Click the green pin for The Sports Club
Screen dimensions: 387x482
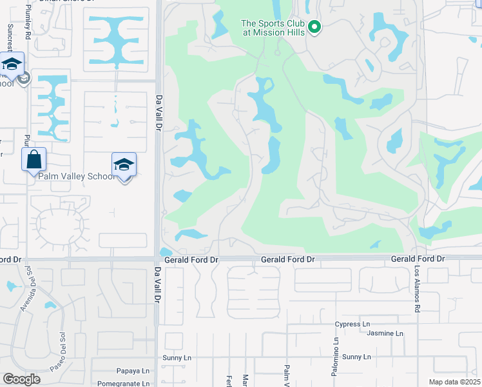[314, 27]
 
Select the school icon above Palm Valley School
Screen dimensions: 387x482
[124, 164]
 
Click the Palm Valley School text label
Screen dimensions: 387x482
[76, 175]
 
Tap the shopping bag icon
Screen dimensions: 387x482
[34, 159]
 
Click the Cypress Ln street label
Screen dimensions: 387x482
[352, 324]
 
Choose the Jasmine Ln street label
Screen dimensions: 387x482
[385, 333]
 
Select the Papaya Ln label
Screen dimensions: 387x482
[133, 370]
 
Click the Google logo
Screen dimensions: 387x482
[21, 379]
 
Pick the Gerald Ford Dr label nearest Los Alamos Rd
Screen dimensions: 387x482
[418, 259]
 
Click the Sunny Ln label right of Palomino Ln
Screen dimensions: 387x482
[356, 357]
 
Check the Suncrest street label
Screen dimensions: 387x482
[9, 40]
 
